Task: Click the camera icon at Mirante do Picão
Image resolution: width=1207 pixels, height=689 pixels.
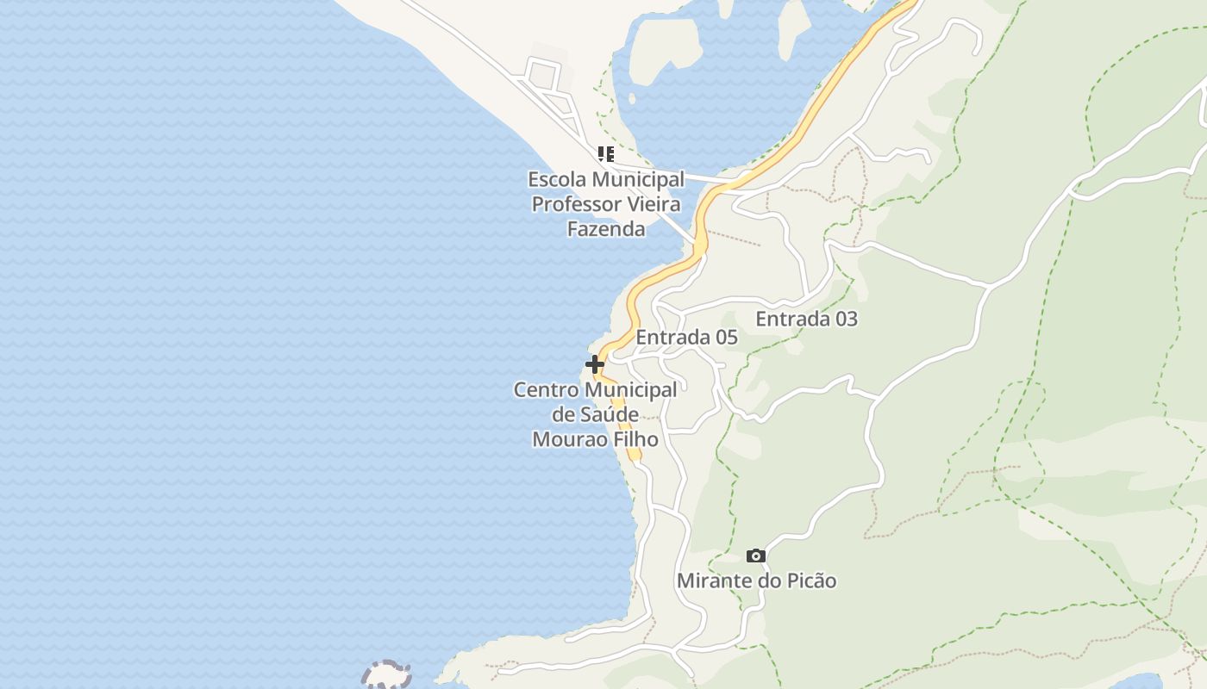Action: (x=756, y=556)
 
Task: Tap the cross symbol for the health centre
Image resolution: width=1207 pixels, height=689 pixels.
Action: (x=595, y=364)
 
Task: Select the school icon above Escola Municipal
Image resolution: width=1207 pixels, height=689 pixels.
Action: (x=606, y=154)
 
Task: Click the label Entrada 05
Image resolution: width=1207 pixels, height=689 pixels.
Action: (x=686, y=338)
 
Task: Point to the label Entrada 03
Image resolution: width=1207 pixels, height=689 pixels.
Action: (x=806, y=319)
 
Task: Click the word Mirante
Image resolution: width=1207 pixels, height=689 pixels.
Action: (x=714, y=580)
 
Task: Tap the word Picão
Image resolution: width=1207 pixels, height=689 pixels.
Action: (x=809, y=580)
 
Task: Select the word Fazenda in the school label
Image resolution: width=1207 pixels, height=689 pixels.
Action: (x=606, y=228)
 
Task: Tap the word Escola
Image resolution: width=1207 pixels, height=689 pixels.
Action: (x=557, y=179)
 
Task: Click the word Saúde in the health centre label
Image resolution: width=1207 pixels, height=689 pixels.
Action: (x=608, y=414)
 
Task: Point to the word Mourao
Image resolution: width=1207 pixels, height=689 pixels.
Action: (x=565, y=439)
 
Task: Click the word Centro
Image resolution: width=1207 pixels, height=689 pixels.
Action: (x=544, y=389)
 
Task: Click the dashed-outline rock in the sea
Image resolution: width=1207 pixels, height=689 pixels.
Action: (x=385, y=674)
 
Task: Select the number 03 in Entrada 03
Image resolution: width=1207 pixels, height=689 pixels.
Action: (x=846, y=319)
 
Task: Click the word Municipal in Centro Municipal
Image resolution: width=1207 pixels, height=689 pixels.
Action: (x=627, y=389)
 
